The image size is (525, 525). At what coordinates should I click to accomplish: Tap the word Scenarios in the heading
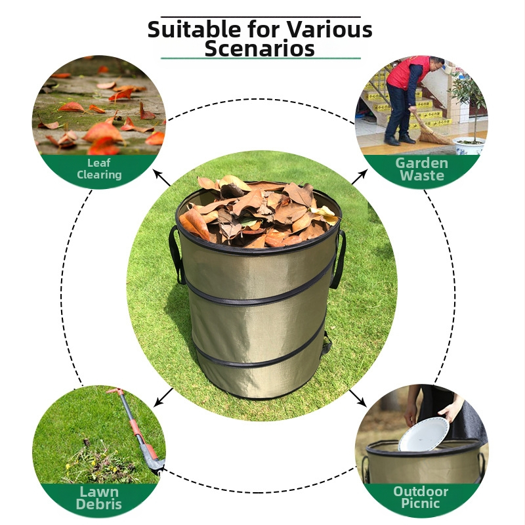(259, 49)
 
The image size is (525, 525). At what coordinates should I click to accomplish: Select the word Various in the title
(329, 30)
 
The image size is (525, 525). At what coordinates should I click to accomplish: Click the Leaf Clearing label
(99, 169)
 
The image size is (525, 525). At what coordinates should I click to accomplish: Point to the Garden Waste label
(421, 169)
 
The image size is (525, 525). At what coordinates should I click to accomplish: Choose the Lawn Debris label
(99, 498)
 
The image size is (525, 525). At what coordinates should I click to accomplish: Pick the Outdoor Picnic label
(421, 497)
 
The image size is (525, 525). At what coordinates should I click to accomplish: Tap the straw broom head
(434, 135)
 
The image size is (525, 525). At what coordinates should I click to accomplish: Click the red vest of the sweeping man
(407, 72)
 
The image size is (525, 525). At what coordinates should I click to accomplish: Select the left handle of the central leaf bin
(176, 255)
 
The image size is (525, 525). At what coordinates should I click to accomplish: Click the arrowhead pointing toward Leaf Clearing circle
(157, 173)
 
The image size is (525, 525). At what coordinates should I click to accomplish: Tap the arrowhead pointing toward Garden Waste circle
(364, 173)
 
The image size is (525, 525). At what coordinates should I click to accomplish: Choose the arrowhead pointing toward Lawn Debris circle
(157, 403)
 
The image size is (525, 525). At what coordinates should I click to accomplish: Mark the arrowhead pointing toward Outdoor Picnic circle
(362, 402)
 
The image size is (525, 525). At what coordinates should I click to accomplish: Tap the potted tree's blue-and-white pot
(469, 146)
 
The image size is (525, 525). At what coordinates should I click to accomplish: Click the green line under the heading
(261, 58)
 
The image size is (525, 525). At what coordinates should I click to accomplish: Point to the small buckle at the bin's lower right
(325, 345)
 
